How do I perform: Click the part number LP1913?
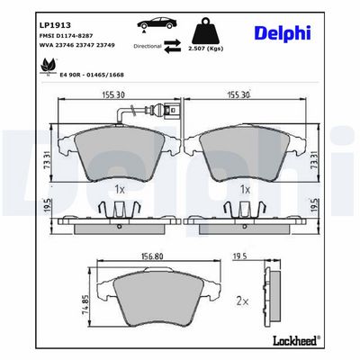point(55,25)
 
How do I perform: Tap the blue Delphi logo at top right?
point(283,33)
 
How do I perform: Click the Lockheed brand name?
point(296,340)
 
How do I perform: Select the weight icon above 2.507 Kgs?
point(206,31)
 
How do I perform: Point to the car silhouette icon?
point(155,24)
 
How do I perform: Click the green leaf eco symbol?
point(47,66)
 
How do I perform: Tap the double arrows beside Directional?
point(173,47)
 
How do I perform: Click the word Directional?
point(148,46)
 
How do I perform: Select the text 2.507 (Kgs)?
point(205,49)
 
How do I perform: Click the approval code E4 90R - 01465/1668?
point(92,75)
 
